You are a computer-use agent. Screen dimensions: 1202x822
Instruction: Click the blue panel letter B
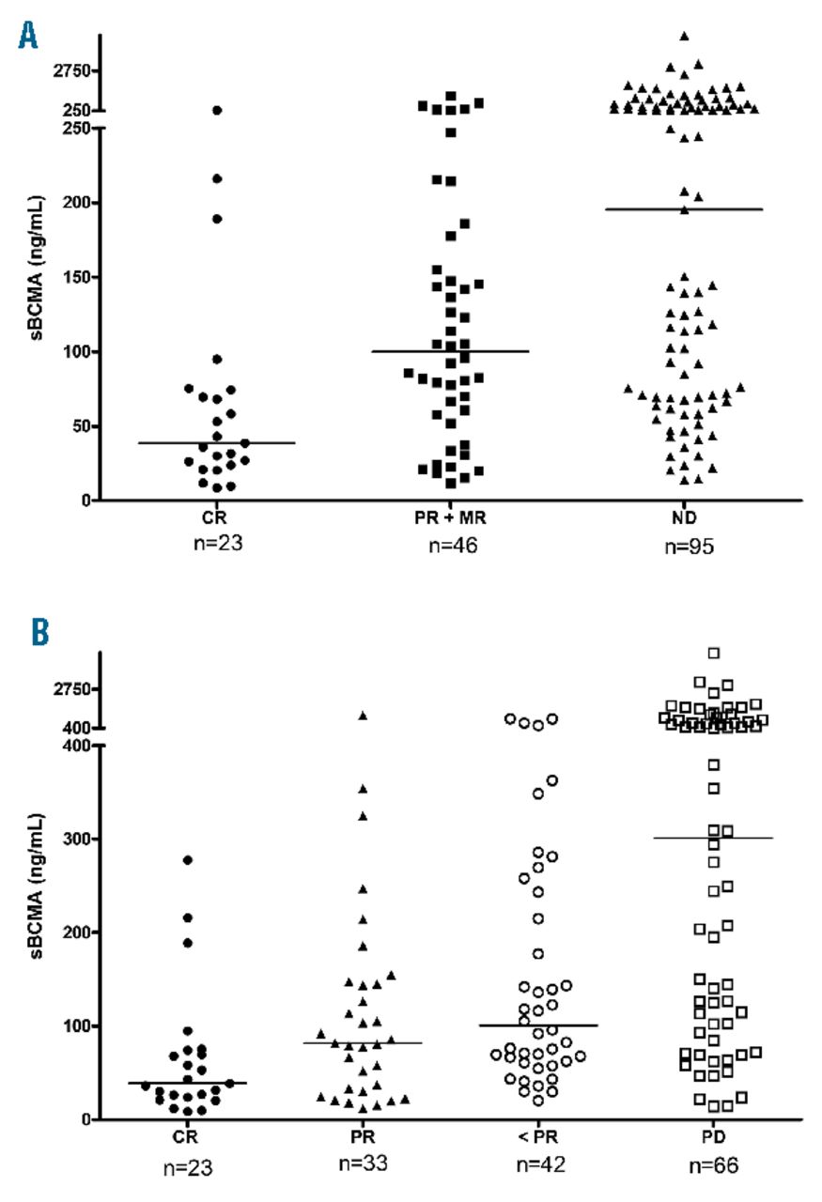39,633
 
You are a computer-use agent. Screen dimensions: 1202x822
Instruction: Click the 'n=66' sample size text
714,1165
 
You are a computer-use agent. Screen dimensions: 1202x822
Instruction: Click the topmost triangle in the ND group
685,36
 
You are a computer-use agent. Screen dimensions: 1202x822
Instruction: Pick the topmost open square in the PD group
714,653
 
